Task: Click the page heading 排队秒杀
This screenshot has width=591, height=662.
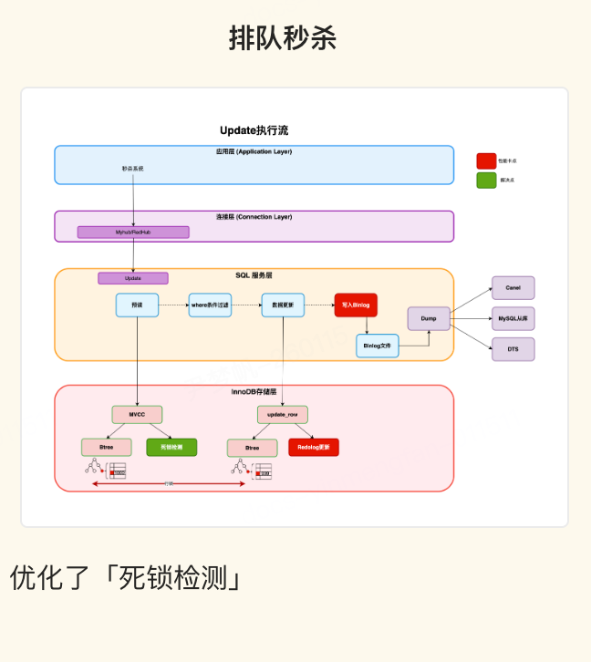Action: point(283,38)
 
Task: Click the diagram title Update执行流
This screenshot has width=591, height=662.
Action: point(254,130)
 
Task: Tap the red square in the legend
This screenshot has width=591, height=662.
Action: point(486,160)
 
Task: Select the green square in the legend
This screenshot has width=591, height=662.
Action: point(486,181)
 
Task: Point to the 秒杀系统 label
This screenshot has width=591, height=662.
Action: point(133,169)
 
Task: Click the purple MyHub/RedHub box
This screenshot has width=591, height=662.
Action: point(133,233)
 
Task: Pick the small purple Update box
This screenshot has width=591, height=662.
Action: point(133,278)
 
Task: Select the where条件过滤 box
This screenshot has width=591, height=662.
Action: point(210,305)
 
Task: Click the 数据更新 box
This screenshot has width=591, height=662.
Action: point(282,305)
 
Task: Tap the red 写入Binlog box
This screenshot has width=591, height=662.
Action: point(356,305)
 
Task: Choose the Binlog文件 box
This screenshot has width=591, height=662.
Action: point(377,346)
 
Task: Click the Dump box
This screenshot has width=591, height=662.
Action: point(429,318)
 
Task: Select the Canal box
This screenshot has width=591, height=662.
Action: point(513,288)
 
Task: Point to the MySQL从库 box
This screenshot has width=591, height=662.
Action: point(513,318)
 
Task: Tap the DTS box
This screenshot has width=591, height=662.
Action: point(513,349)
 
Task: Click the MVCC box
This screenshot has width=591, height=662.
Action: point(137,414)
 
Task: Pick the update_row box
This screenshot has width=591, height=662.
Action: point(283,415)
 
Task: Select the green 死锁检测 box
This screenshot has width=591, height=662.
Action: point(171,447)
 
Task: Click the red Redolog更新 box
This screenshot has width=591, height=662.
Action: point(314,448)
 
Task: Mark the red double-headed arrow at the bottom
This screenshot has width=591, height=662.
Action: point(169,483)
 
